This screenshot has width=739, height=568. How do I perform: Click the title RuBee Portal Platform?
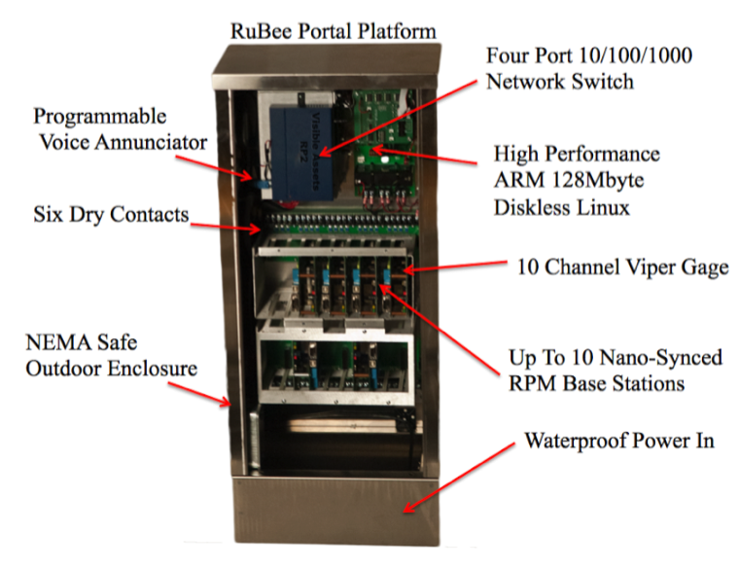pyautogui.click(x=333, y=30)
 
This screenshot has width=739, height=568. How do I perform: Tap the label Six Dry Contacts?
pyautogui.click(x=111, y=214)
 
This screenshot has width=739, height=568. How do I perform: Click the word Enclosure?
pyautogui.click(x=152, y=369)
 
